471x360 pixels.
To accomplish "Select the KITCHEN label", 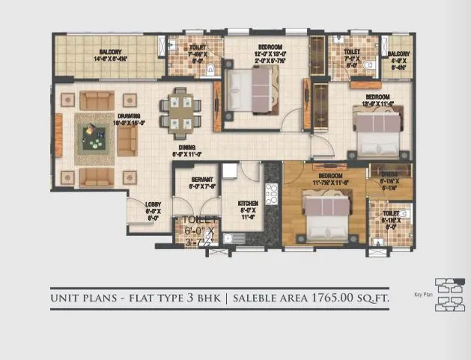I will tap(249, 203).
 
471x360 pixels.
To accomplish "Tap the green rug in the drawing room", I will tap(94, 138).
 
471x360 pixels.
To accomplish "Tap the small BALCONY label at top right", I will tap(398, 54).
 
